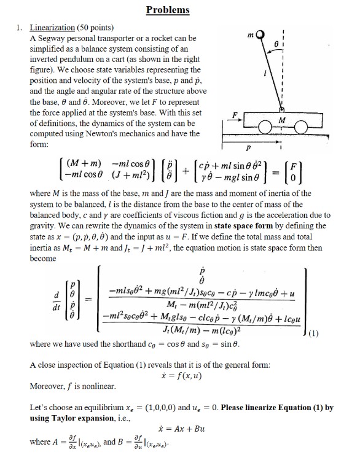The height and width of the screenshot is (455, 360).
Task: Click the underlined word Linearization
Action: [x=51, y=28]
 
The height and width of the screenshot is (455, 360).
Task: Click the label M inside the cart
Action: [x=299, y=120]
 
